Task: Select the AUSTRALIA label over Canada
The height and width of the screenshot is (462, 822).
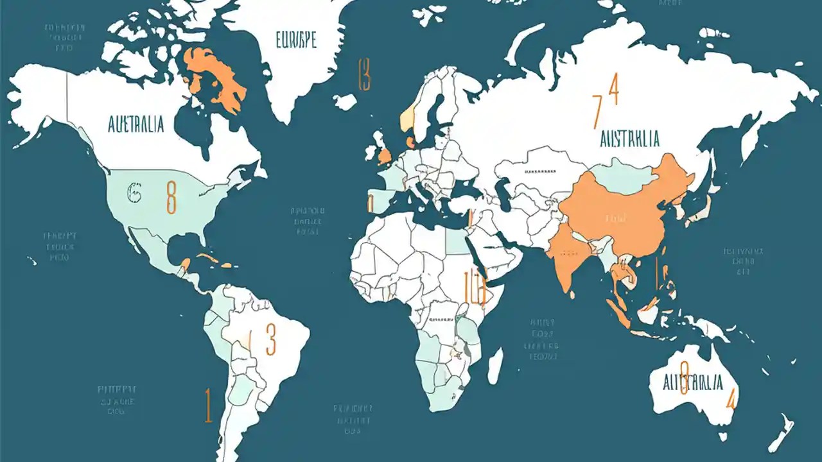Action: click(x=136, y=124)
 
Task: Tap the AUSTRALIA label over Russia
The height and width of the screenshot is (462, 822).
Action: click(x=629, y=138)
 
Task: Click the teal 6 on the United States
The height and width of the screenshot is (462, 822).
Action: click(x=134, y=192)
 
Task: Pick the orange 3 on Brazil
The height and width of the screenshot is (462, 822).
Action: click(x=270, y=339)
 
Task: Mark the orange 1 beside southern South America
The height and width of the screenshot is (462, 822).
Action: click(x=208, y=405)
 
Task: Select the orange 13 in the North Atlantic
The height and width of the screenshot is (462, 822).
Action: click(x=364, y=74)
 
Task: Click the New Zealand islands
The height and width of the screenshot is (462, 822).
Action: click(x=785, y=431)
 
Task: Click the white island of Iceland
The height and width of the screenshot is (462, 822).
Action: click(x=345, y=101)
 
